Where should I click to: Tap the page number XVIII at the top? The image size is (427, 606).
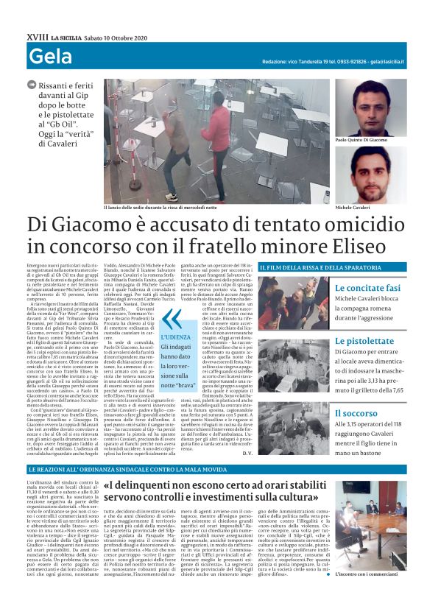37,36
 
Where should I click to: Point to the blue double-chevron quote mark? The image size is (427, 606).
169,319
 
